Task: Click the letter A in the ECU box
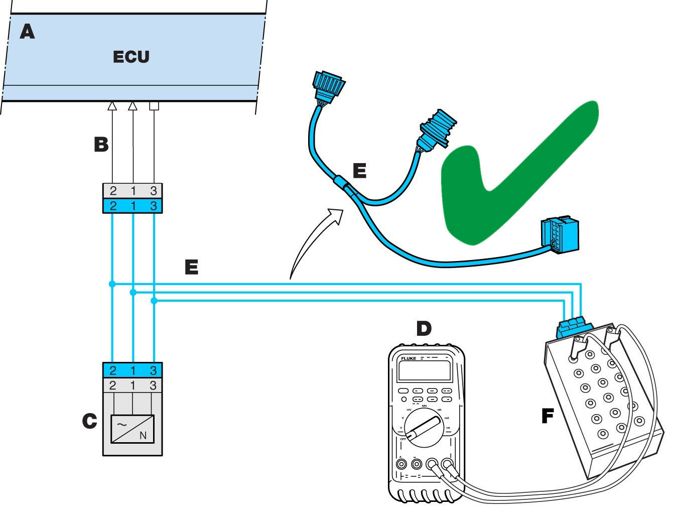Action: pos(27,32)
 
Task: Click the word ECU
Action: pos(131,57)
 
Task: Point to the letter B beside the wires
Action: pos(101,145)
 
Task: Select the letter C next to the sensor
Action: pos(89,421)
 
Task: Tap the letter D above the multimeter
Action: pos(424,329)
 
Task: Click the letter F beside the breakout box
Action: pos(548,416)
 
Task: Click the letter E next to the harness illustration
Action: pos(359,171)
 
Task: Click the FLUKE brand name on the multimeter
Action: pos(408,358)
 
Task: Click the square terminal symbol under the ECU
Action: pos(154,106)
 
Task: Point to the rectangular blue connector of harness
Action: pos(560,234)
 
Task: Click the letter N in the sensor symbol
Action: pos(143,435)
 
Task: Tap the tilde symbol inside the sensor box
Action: pos(122,425)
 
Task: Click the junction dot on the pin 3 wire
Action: pos(154,301)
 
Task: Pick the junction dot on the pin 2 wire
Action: pos(112,284)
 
